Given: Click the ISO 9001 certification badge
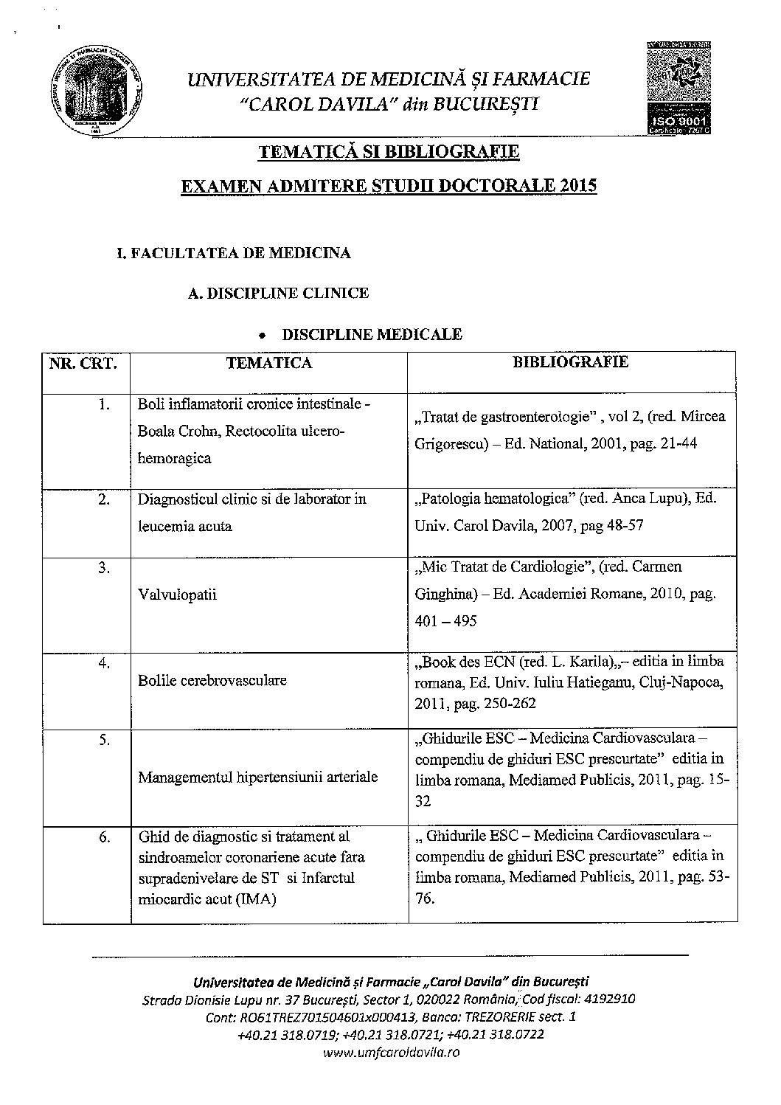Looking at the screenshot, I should (678, 89).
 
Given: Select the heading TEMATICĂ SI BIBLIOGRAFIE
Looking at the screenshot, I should (389, 152).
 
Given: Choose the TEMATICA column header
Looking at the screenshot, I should (269, 363).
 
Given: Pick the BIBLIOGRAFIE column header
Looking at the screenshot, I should (571, 362).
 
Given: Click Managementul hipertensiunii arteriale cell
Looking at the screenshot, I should (258, 777).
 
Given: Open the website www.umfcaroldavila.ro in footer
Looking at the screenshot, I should (391, 1053).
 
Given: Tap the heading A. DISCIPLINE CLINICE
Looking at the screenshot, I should (279, 294).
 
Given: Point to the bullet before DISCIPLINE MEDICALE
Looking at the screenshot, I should (262, 336).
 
